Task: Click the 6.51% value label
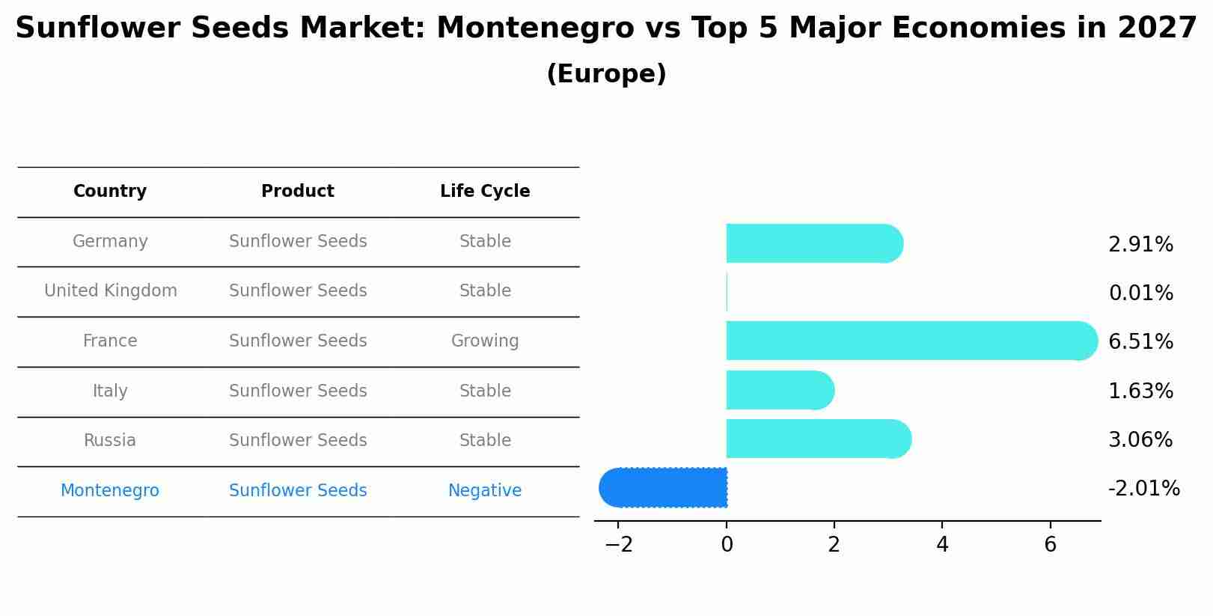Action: pos(1140,342)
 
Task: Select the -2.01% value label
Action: pos(1143,489)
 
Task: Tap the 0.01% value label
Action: pos(1140,293)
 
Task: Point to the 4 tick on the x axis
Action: pos(942,545)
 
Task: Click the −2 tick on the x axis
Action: pos(618,545)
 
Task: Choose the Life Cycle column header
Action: pos(485,192)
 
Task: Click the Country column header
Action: pos(110,192)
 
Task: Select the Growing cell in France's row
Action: pos(485,341)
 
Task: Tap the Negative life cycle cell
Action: pos(485,491)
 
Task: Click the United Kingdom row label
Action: pos(111,291)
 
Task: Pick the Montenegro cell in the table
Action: pos(110,491)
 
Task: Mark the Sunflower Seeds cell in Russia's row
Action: pos(298,441)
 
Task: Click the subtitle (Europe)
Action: pos(606,74)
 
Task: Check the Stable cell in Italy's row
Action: pos(485,391)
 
